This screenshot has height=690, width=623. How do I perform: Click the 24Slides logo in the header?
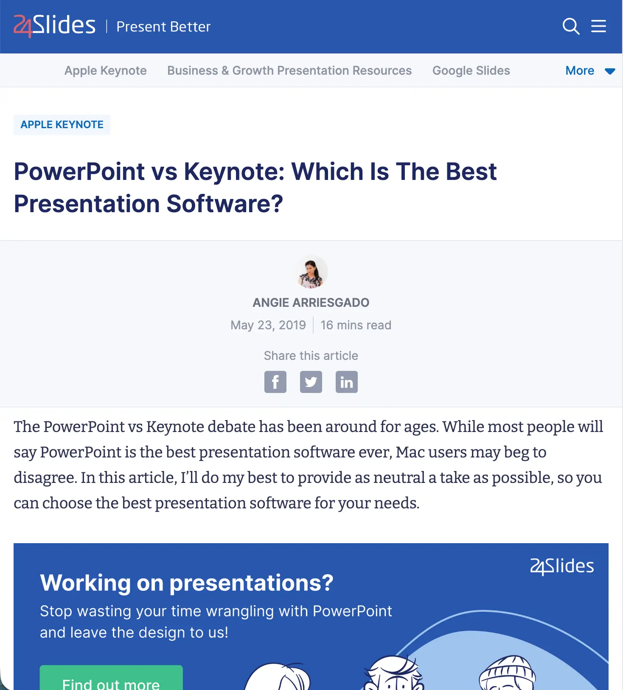[54, 26]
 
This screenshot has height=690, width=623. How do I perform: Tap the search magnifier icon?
[571, 26]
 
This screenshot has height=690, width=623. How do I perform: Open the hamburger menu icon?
[598, 26]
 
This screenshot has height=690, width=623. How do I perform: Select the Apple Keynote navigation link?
[105, 70]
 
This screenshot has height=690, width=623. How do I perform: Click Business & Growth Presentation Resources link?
[289, 70]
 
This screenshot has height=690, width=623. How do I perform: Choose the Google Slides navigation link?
[471, 70]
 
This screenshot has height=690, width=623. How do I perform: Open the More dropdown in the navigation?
[589, 70]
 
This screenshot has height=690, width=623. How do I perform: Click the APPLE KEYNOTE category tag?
[62, 125]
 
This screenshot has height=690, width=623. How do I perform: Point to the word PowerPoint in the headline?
[79, 171]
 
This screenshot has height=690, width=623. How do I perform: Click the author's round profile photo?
[311, 272]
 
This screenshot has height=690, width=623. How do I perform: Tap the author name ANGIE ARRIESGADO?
[311, 303]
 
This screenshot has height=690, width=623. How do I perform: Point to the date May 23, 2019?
[268, 325]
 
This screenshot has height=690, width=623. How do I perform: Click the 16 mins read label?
[356, 325]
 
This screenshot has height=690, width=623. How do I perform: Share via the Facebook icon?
[275, 382]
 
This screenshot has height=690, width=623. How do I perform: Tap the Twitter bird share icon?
[311, 382]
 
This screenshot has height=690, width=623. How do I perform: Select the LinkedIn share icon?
[347, 382]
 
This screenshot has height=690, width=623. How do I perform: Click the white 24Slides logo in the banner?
[562, 566]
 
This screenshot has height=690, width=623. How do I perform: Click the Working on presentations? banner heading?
[187, 583]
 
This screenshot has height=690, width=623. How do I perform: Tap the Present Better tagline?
[163, 27]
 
